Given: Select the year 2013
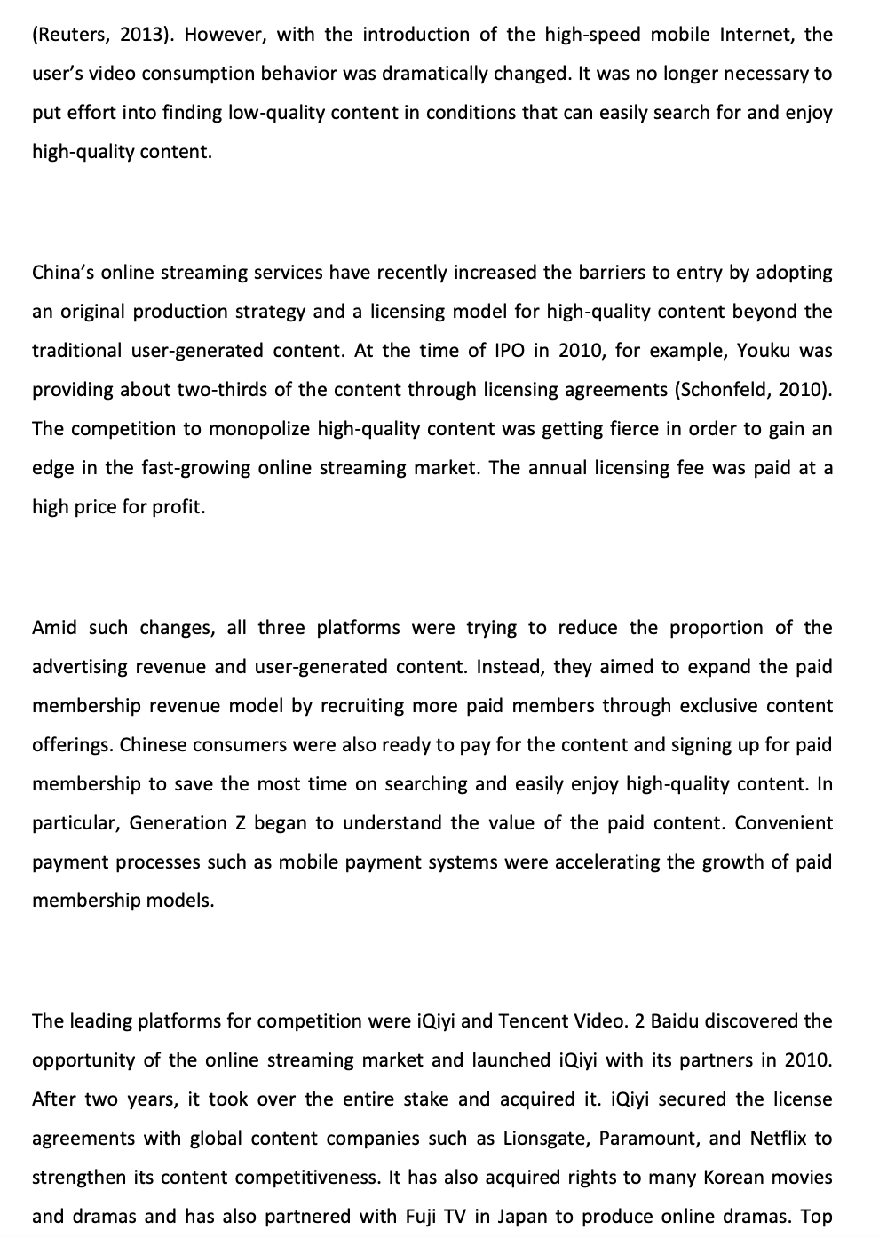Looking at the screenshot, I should coord(140,35).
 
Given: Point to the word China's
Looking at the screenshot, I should coord(61,273).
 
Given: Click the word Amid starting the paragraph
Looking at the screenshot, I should coord(54,628).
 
